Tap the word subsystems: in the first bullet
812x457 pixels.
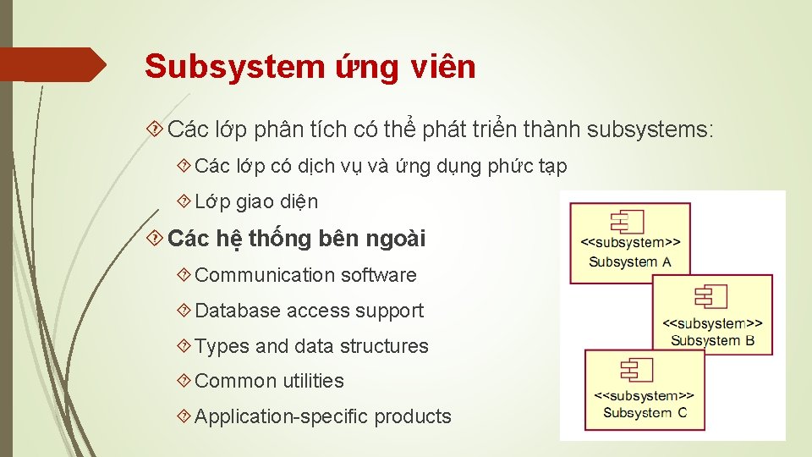point(650,129)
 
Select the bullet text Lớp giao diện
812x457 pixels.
point(256,201)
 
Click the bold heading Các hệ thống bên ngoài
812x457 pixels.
point(297,240)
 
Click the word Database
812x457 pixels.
point(238,311)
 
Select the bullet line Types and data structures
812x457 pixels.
point(311,346)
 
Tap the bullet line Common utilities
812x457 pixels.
point(269,381)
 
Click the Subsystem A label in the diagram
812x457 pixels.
point(630,262)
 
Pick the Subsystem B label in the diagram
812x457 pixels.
point(712,340)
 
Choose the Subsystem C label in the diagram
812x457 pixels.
point(645,412)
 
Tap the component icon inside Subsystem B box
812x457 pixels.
point(710,296)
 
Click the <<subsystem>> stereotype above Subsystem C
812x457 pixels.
point(645,395)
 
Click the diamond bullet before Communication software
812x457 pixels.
point(184,275)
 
